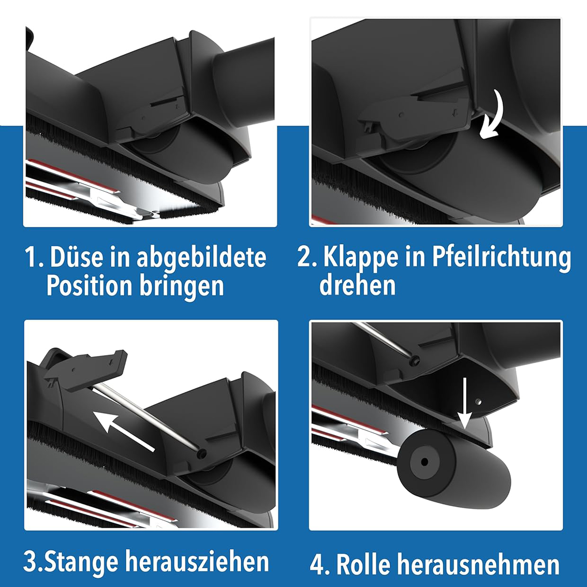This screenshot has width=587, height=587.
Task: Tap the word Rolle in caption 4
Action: [363, 563]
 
